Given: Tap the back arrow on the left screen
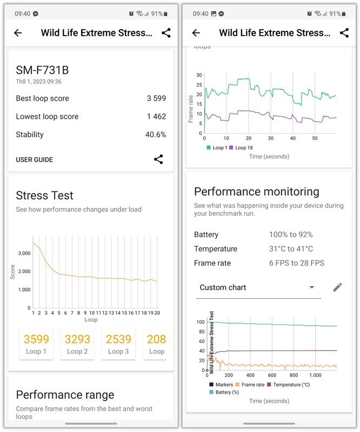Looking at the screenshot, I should pyautogui.click(x=18, y=33).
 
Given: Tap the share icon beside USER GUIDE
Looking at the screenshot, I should pyautogui.click(x=158, y=159).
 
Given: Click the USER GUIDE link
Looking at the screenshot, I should pyautogui.click(x=34, y=160).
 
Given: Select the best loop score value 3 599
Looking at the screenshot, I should pyautogui.click(x=156, y=98).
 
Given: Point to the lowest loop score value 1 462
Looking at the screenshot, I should pyautogui.click(x=156, y=117).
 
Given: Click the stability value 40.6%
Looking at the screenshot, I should pyautogui.click(x=156, y=134).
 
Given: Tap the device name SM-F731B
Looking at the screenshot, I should pyautogui.click(x=42, y=70).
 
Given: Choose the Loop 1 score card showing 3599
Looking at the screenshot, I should pyautogui.click(x=36, y=343).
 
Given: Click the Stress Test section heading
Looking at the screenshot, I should pyautogui.click(x=44, y=195).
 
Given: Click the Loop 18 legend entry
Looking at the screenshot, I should pyautogui.click(x=241, y=147).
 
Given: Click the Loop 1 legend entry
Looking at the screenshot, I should pyautogui.click(x=217, y=147).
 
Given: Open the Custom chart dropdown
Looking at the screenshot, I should pyautogui.click(x=257, y=287).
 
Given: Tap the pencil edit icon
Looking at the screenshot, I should pyautogui.click(x=337, y=287).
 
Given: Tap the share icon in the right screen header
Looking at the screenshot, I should pyautogui.click(x=344, y=33).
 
